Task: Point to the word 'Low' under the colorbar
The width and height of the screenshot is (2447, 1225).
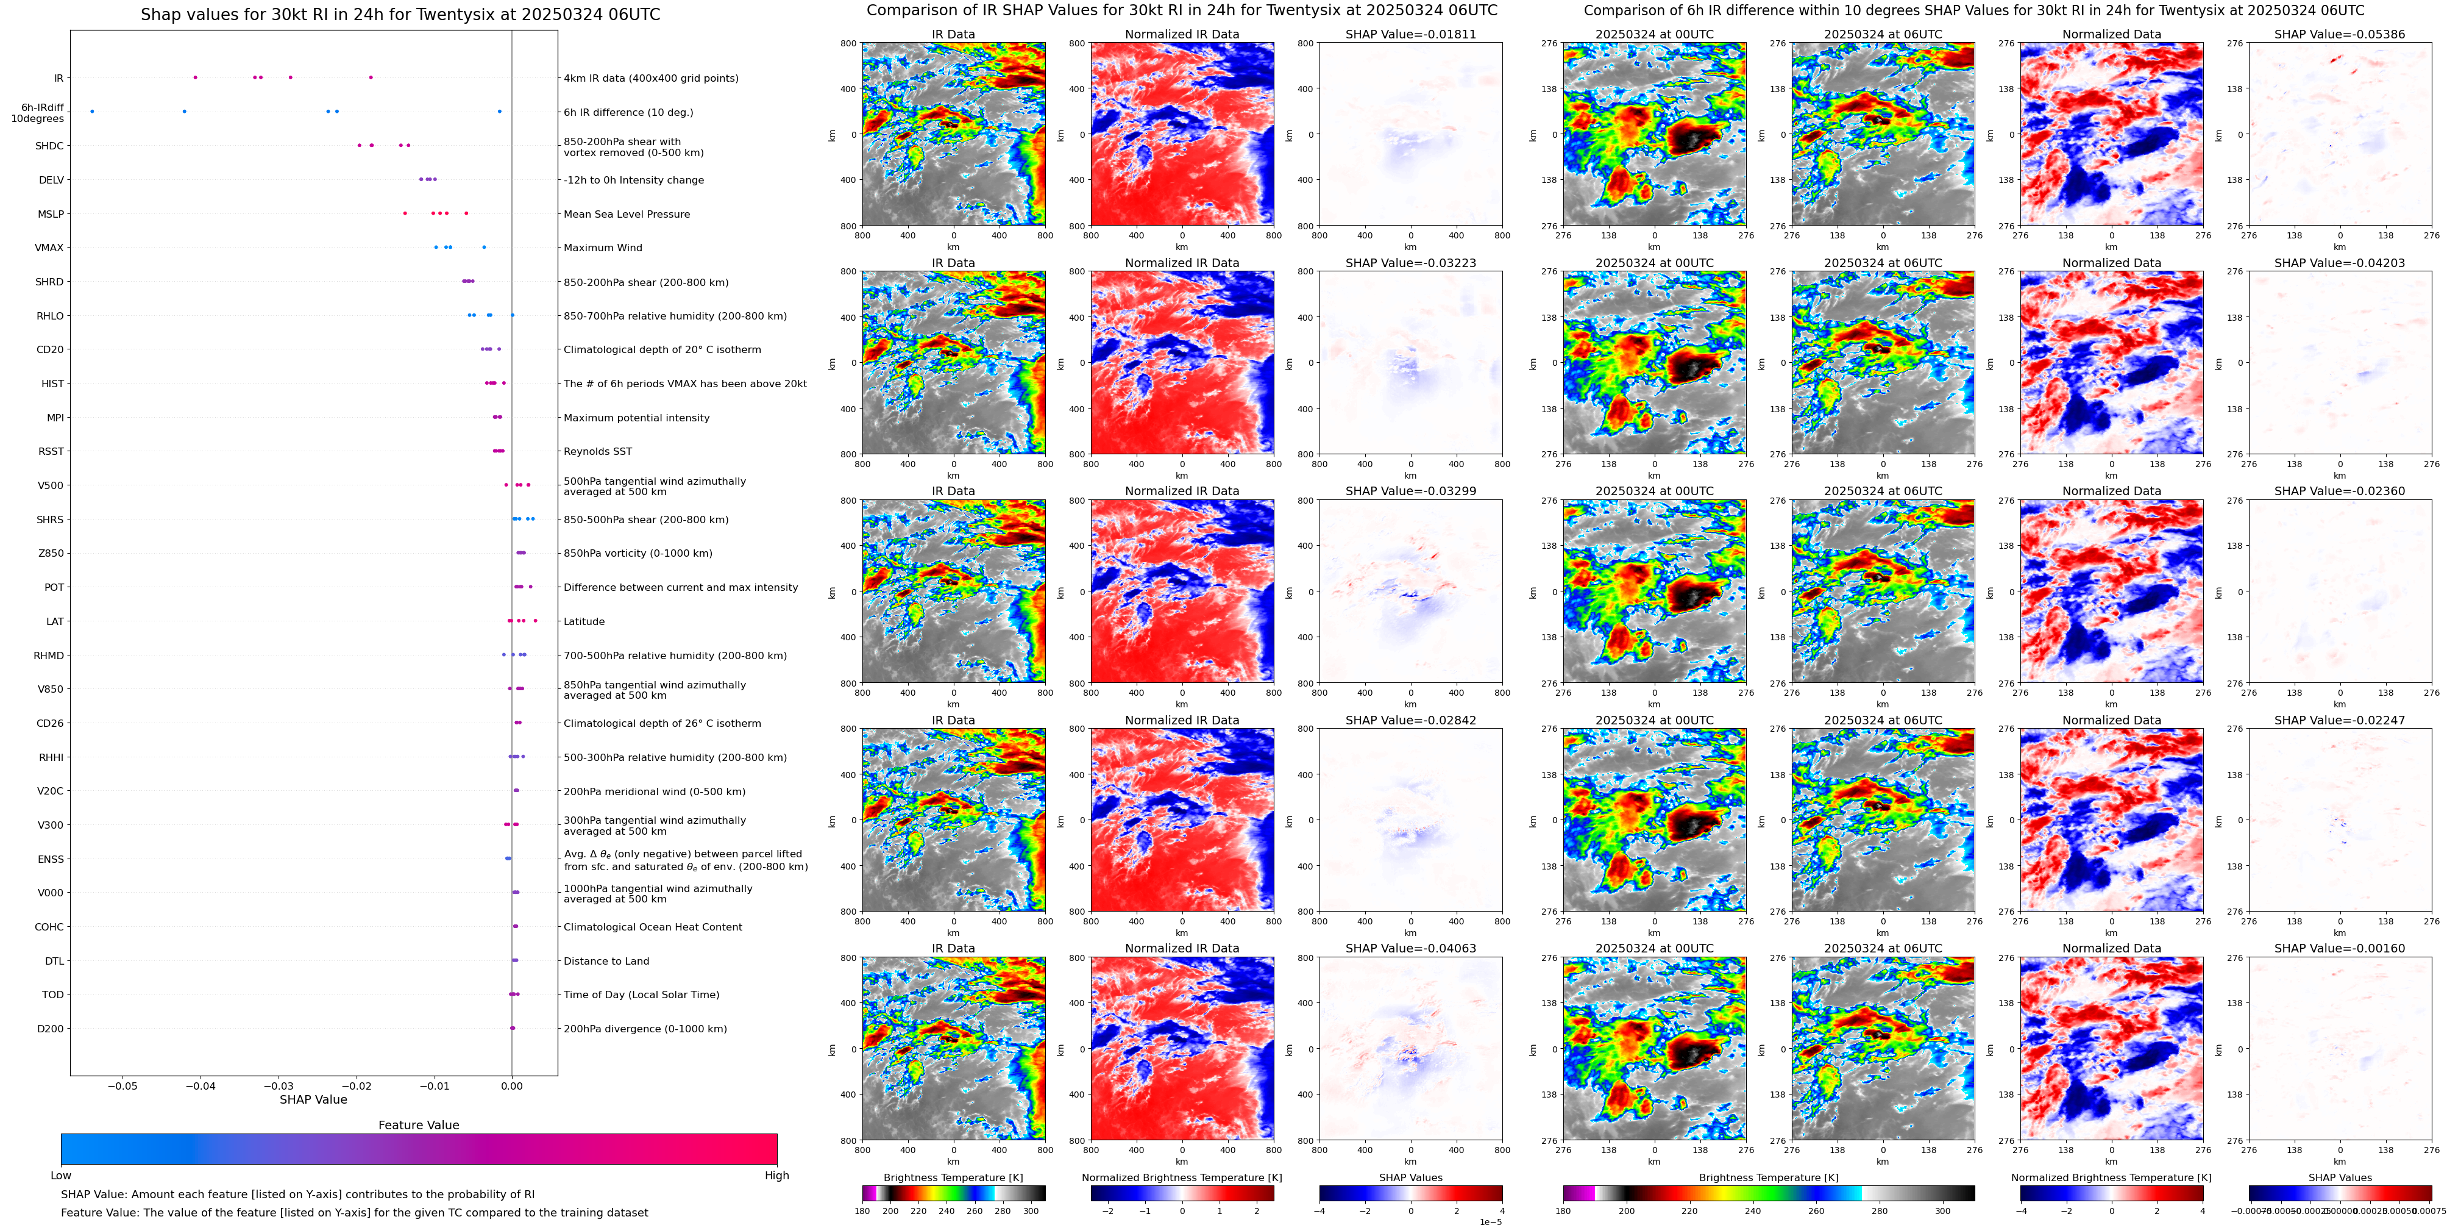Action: point(61,1176)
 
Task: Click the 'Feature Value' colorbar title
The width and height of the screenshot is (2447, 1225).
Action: point(418,1125)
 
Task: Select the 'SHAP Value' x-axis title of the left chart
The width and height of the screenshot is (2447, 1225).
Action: point(313,1099)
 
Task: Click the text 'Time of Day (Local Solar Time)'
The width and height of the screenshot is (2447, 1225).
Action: point(641,995)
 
